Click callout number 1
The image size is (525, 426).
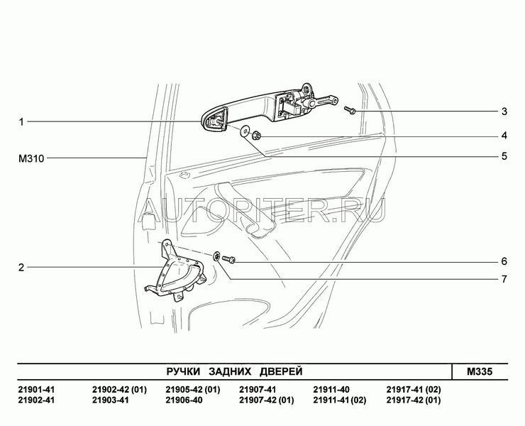tap(21, 121)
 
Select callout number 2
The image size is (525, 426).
tap(21, 268)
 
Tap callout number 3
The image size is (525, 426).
tap(504, 111)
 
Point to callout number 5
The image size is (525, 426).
tap(504, 156)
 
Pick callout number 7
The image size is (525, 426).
tap(504, 279)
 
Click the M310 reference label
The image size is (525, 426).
tap(31, 158)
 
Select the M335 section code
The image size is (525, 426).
tap(480, 371)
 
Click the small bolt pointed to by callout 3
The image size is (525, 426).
tap(350, 110)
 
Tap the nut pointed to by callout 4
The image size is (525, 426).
tap(257, 135)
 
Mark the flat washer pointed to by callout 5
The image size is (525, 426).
tap(244, 131)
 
